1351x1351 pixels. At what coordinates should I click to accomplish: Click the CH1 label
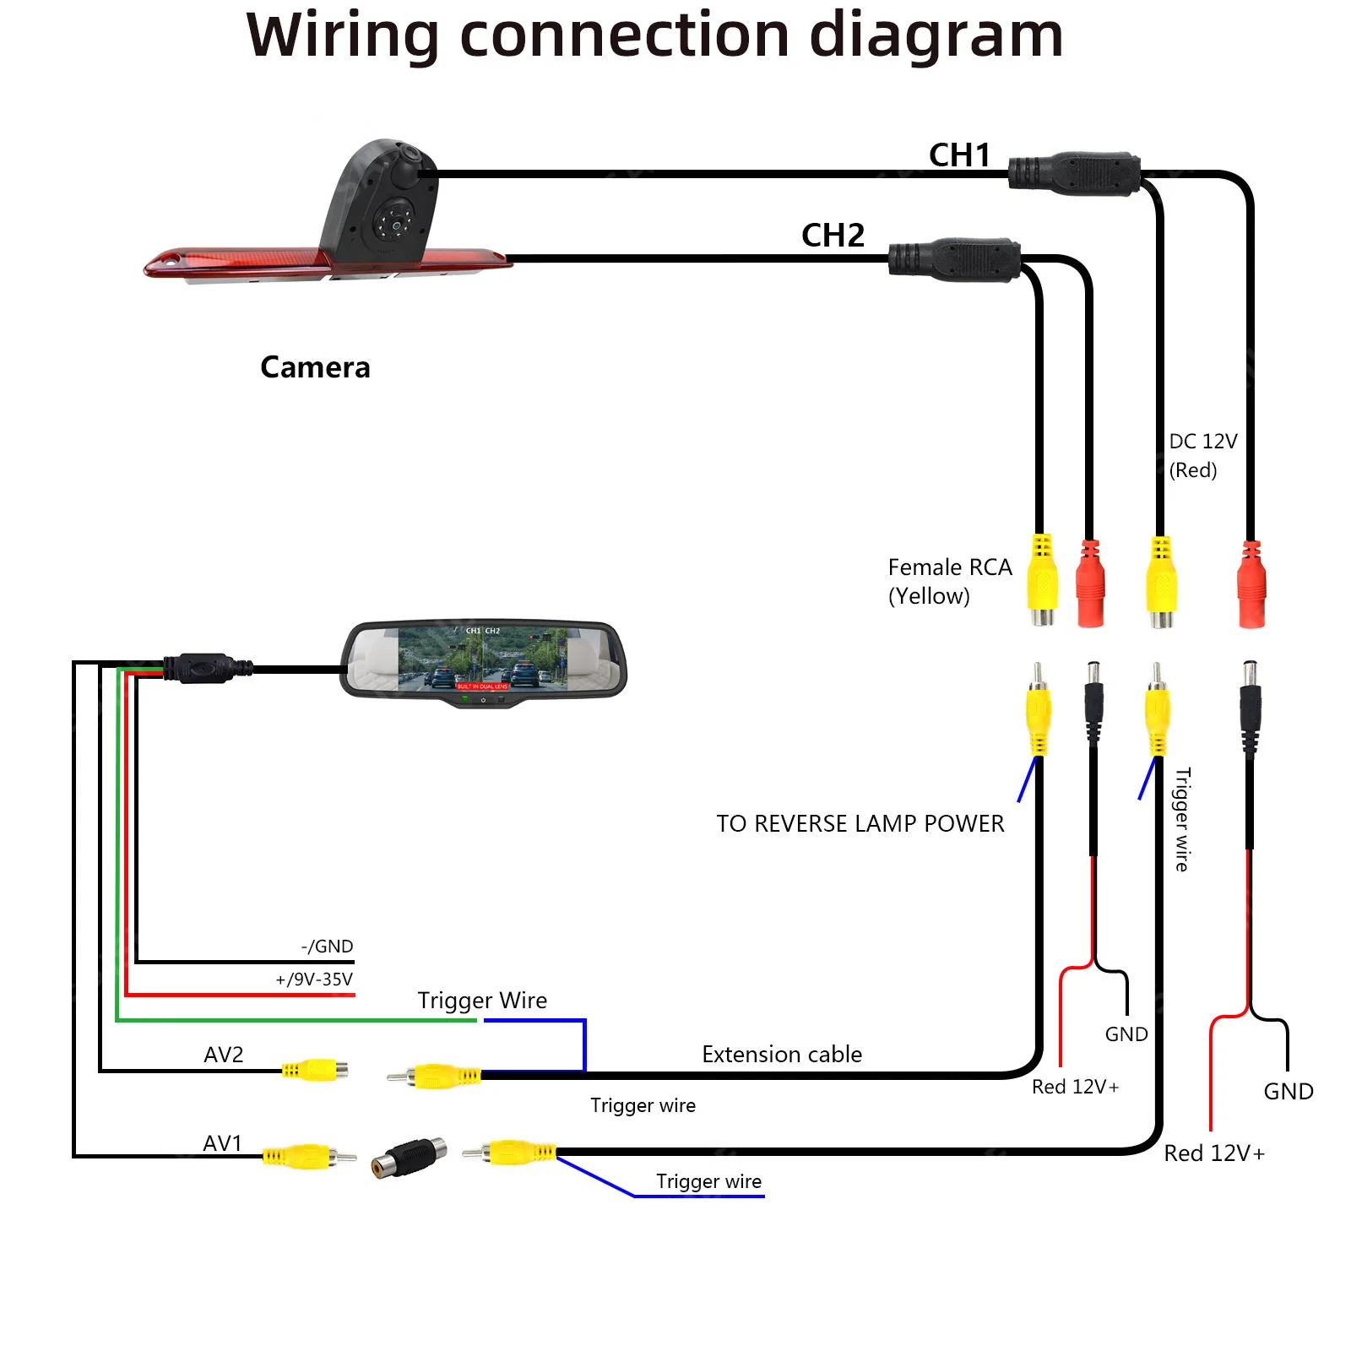(x=959, y=155)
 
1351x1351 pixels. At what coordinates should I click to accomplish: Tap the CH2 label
(x=833, y=236)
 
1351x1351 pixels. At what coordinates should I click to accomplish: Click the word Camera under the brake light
(x=315, y=367)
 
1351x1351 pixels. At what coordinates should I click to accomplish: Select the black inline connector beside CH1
(x=1075, y=174)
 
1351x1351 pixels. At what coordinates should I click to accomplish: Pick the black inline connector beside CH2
(x=954, y=259)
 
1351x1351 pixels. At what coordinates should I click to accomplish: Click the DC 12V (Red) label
(x=1202, y=456)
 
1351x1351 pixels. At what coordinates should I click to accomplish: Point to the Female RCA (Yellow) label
(x=949, y=582)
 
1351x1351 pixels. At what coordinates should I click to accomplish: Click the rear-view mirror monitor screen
(x=483, y=659)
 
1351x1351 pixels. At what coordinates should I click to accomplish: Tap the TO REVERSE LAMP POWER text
(x=860, y=824)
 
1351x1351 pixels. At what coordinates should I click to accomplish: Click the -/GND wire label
(x=327, y=947)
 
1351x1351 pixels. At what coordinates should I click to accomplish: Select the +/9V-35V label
(x=314, y=979)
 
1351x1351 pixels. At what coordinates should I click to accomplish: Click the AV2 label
(x=224, y=1055)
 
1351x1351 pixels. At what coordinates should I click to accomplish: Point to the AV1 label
(x=223, y=1143)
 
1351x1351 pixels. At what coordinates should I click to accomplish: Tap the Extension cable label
(x=782, y=1055)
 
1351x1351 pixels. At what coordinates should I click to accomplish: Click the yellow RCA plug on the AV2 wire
(x=314, y=1071)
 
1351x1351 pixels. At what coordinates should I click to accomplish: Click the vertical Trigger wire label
(x=1183, y=819)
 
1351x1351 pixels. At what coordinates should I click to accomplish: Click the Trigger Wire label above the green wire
(x=482, y=1001)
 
